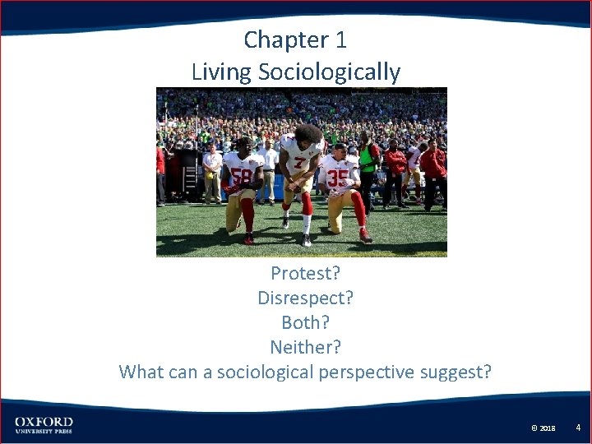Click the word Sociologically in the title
pos(329,72)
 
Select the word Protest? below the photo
pos(305,273)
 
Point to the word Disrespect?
pos(305,298)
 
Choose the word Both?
pos(305,322)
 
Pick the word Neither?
pos(305,347)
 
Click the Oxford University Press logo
pos(44,425)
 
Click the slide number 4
pos(578,428)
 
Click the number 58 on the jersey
pos(242,176)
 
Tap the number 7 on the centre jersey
pos(301,163)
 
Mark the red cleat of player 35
pos(365,238)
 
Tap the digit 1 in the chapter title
pos(340,39)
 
